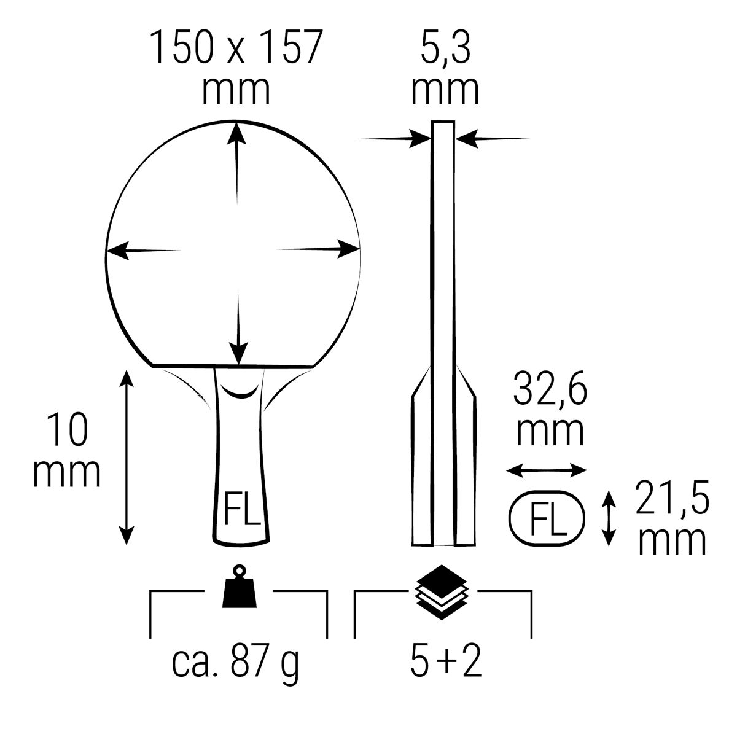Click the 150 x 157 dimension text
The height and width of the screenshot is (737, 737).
(x=236, y=47)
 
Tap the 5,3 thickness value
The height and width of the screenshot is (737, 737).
(x=445, y=48)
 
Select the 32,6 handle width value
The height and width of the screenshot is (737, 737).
(x=550, y=389)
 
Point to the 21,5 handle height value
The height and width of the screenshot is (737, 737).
(x=672, y=498)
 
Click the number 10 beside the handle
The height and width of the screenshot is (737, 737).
(x=68, y=429)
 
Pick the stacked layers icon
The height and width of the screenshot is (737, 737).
(x=442, y=591)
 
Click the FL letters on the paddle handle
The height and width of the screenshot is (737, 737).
(x=241, y=509)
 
